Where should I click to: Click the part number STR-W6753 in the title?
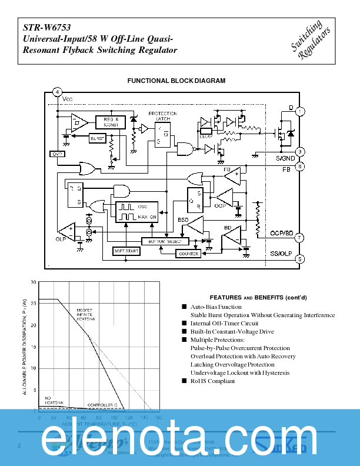click(43, 27)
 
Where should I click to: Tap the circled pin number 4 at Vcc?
click(57, 92)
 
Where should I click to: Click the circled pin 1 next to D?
click(300, 111)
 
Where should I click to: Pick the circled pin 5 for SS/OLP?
click(300, 258)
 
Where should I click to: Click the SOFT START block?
click(127, 251)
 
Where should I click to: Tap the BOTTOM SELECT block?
click(165, 242)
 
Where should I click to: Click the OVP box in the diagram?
click(58, 154)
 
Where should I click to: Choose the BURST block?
click(97, 137)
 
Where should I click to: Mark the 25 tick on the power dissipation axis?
click(34, 303)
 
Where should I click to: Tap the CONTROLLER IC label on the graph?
click(102, 405)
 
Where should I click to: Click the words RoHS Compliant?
click(212, 381)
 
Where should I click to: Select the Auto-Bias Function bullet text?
click(215, 307)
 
